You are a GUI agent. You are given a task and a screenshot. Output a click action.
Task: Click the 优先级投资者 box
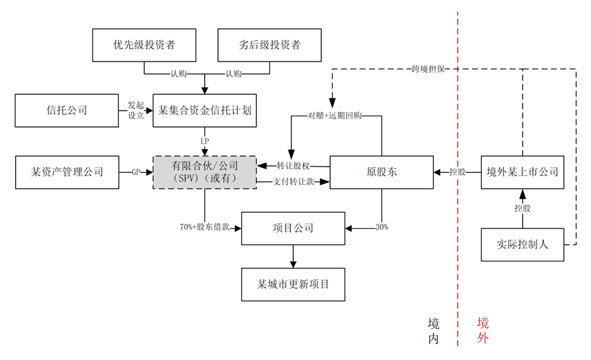pos(143,46)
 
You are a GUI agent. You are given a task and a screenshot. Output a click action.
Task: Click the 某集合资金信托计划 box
pos(205,110)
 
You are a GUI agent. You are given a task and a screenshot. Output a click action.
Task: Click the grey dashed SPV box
pos(204,172)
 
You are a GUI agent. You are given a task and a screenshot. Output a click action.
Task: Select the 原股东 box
pos(381,172)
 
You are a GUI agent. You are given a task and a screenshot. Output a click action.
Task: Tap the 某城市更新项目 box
pos(293,283)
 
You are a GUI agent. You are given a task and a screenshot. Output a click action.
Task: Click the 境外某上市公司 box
pos(523,172)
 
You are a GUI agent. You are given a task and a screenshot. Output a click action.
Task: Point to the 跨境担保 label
pos(428,69)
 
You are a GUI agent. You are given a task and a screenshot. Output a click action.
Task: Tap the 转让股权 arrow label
pos(293,165)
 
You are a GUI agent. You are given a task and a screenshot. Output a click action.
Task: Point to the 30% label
pos(381,226)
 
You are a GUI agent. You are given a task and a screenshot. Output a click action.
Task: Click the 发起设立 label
pos(136,111)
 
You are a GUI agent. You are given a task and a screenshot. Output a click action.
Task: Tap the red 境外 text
pos(483,331)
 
